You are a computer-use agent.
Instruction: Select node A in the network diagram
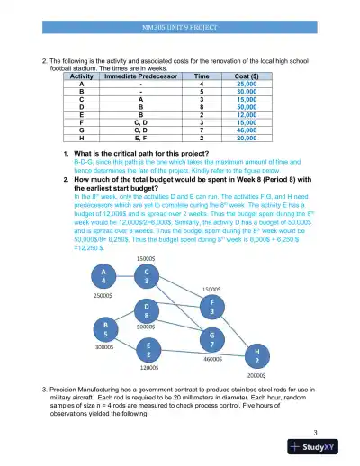point(104,274)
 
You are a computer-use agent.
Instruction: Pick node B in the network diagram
point(107,327)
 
